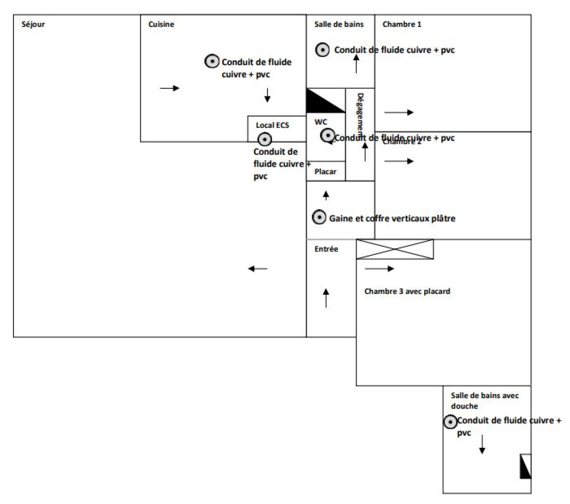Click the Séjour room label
33,24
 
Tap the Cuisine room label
161,24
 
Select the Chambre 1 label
401,24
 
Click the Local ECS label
272,125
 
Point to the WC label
321,122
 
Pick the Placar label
325,172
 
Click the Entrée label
326,249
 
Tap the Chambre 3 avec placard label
407,291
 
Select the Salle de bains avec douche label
484,401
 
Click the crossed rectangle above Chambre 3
395,249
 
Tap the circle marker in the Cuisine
212,61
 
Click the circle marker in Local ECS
264,139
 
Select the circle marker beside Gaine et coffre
319,217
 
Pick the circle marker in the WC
327,135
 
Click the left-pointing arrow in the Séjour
257,269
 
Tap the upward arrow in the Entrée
326,298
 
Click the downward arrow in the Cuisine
267,95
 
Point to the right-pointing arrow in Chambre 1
399,113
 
